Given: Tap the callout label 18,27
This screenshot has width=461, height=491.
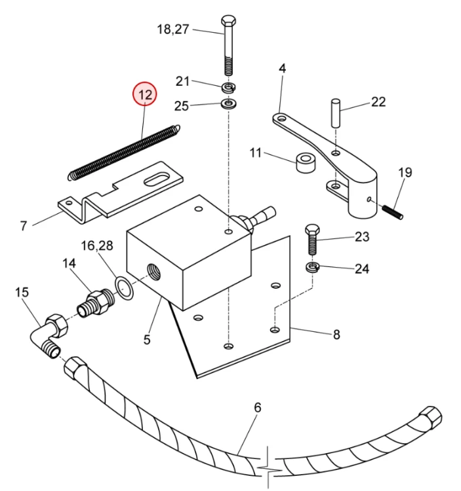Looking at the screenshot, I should tap(173, 29).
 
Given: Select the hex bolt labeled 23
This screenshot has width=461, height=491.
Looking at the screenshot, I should tap(311, 240).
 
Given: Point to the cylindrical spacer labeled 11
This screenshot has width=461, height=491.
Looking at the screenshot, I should tap(304, 162).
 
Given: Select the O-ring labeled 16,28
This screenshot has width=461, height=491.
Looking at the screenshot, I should tap(124, 287).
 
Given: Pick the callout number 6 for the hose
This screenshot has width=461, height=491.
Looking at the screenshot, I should tap(258, 408).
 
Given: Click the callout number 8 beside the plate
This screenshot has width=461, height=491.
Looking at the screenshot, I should tap(336, 335).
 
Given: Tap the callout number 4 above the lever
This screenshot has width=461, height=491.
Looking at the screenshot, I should tap(282, 68).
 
